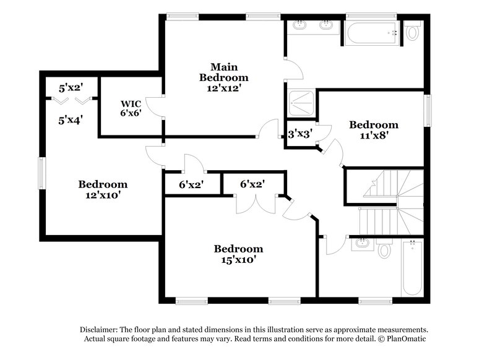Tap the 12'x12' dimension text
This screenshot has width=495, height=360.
point(223,88)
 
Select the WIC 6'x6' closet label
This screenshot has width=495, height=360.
point(131,108)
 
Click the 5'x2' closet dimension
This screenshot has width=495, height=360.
point(71,87)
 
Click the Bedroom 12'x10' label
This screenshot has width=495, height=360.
point(103,190)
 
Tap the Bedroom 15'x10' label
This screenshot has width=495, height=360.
point(238,254)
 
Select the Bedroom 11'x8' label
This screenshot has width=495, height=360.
point(373,129)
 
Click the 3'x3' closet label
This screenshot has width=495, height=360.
point(299,132)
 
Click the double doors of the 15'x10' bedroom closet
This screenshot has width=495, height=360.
point(255,204)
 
